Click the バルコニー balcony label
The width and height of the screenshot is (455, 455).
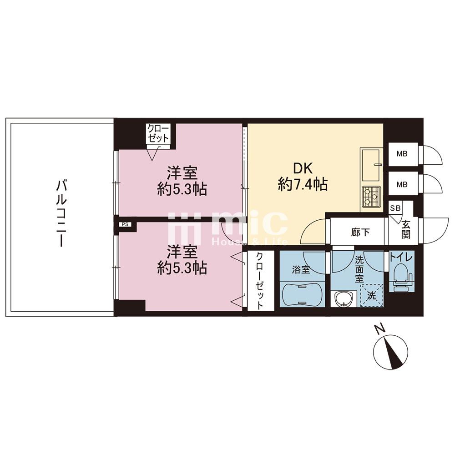(x=61, y=213)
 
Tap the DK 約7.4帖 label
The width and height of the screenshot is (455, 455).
(x=303, y=176)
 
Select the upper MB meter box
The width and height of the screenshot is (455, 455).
(x=403, y=154)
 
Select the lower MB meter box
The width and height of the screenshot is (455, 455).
(x=403, y=184)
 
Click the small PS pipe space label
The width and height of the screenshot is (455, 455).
(x=125, y=224)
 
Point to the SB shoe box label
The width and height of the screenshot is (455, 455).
(x=395, y=208)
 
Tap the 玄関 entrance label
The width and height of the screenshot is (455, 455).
(x=405, y=230)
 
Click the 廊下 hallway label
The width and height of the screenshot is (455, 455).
(x=360, y=232)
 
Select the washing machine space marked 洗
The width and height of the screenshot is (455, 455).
(x=372, y=295)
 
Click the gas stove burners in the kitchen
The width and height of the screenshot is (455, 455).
(x=371, y=197)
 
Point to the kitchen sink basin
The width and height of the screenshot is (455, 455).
(x=370, y=166)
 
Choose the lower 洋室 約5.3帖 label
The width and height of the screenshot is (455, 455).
(x=182, y=260)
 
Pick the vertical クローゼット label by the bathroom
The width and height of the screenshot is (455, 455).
(x=260, y=280)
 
